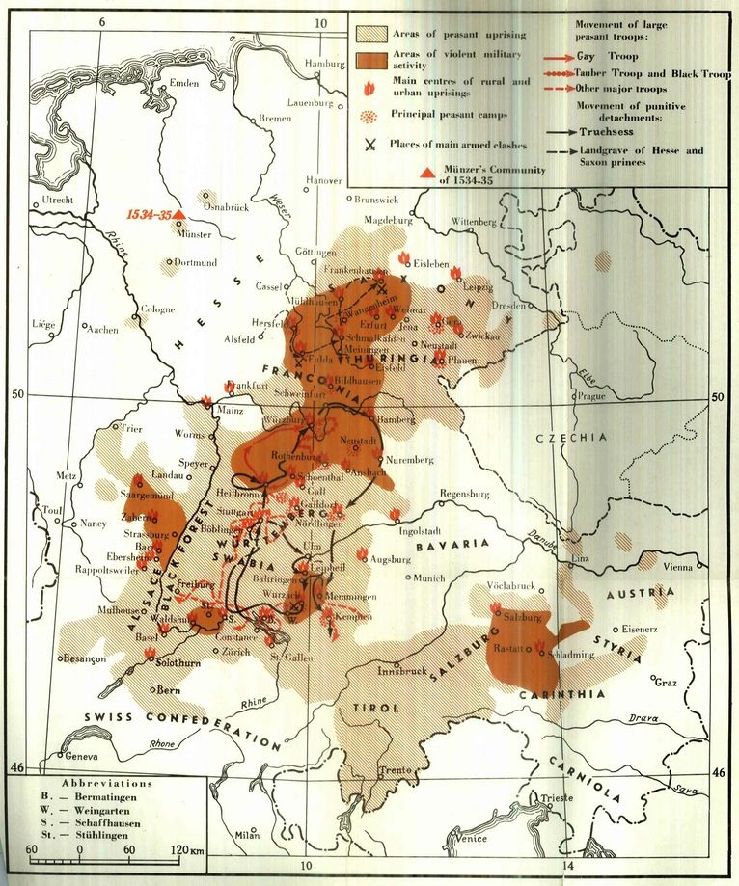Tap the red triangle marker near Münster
[x=179, y=213]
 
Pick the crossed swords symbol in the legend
[x=369, y=146]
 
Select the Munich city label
[x=429, y=577]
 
